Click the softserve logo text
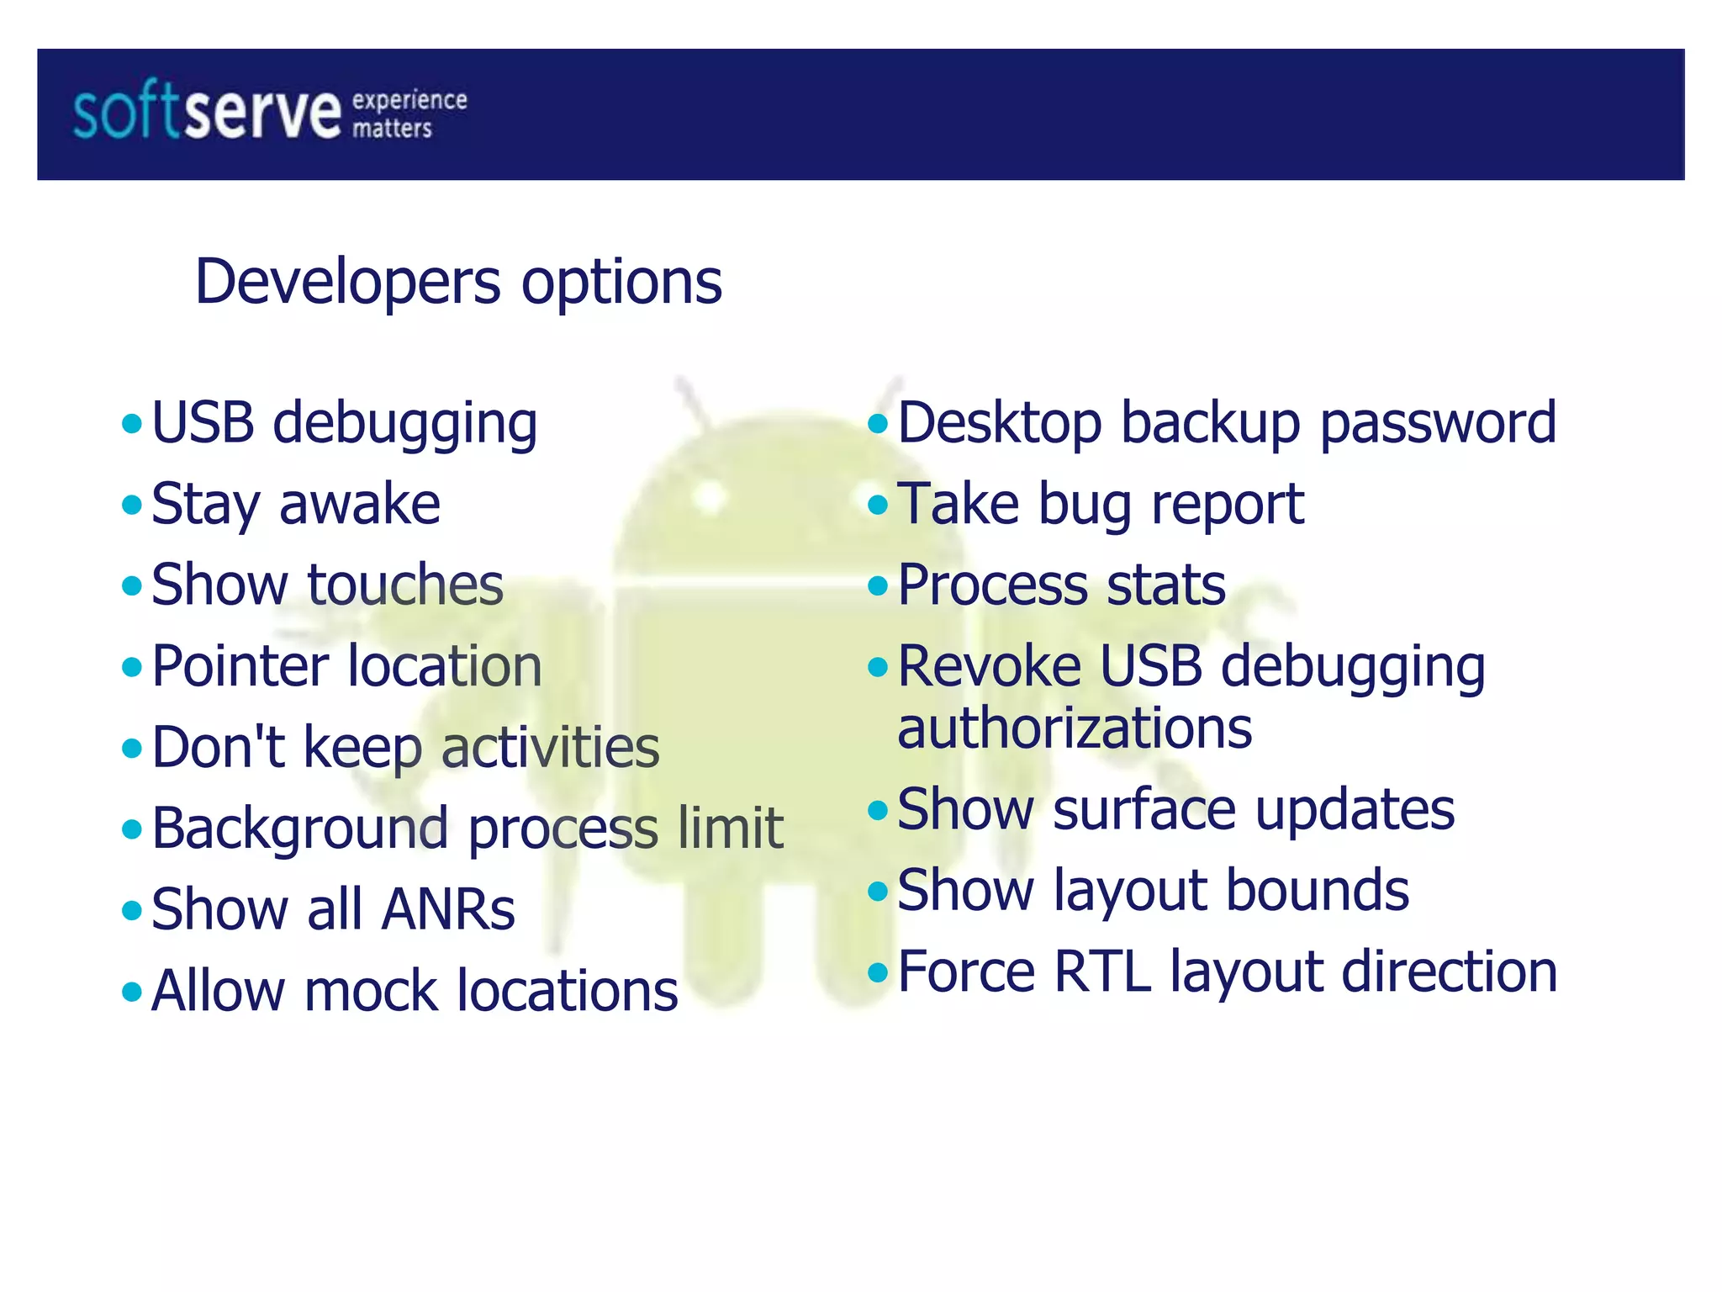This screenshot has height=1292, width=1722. click(206, 114)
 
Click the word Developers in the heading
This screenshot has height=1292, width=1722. click(347, 282)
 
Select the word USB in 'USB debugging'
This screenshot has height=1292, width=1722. click(203, 422)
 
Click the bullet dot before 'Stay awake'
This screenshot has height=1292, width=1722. click(132, 506)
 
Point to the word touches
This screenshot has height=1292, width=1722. click(405, 585)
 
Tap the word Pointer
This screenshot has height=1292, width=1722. click(240, 666)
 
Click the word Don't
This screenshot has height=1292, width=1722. click(218, 747)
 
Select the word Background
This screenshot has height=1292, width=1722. click(300, 829)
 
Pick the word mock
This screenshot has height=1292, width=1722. click(371, 991)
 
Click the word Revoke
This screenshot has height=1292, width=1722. click(989, 666)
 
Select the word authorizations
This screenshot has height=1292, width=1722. click(1074, 728)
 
